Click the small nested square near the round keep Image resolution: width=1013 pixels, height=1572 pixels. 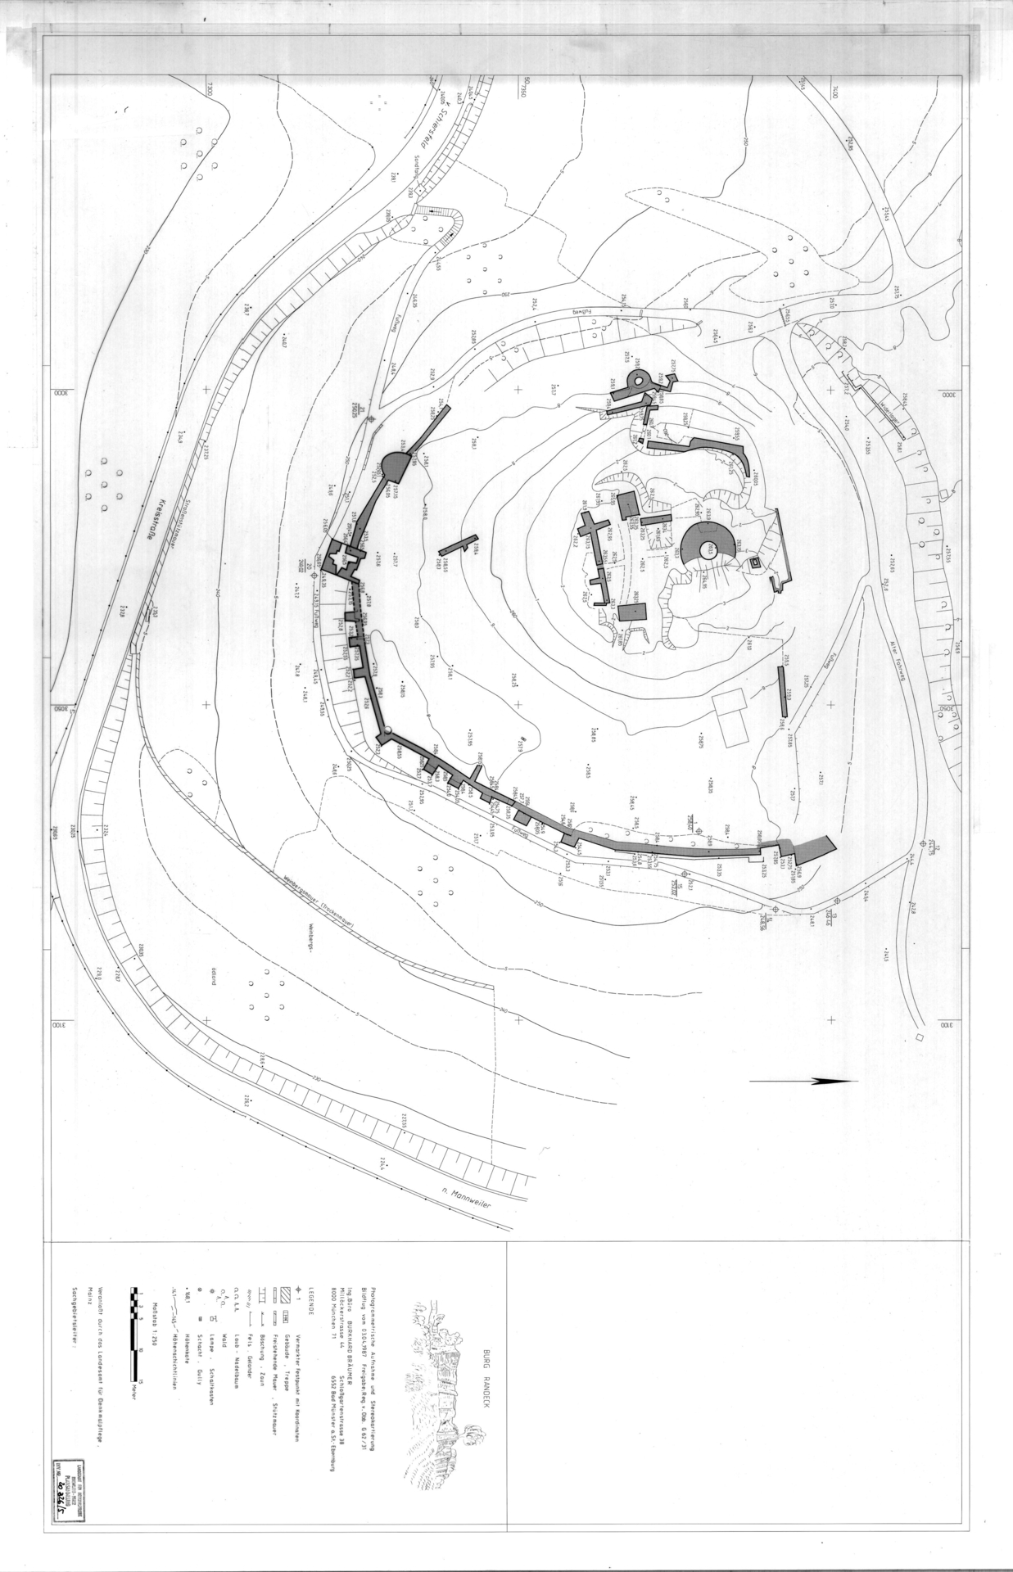755,563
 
